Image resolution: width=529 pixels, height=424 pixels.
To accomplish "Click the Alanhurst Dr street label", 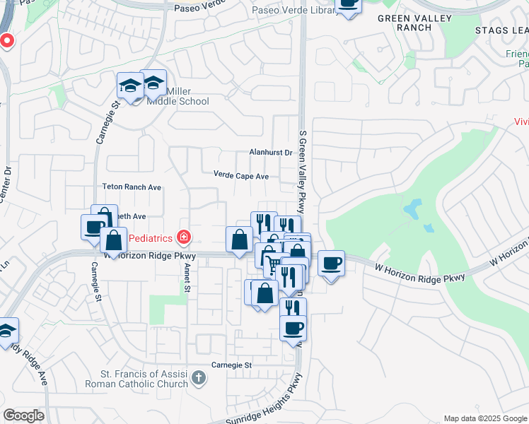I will [271, 152].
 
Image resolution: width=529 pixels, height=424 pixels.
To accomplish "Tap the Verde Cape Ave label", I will [241, 175].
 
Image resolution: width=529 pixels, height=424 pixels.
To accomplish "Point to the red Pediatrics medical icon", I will [184, 235].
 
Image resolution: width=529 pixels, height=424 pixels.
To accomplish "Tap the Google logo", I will [23, 416].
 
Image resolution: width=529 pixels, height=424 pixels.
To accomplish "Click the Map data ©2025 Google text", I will [484, 418].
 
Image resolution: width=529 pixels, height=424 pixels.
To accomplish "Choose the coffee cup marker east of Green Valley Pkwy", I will [331, 264].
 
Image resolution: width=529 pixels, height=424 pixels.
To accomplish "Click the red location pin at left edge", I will [6, 40].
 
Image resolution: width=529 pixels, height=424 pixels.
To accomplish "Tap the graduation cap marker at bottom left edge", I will [6, 331].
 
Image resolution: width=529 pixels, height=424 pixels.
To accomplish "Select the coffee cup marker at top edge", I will [347, 4].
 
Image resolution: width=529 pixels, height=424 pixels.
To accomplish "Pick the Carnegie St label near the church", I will [232, 365].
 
